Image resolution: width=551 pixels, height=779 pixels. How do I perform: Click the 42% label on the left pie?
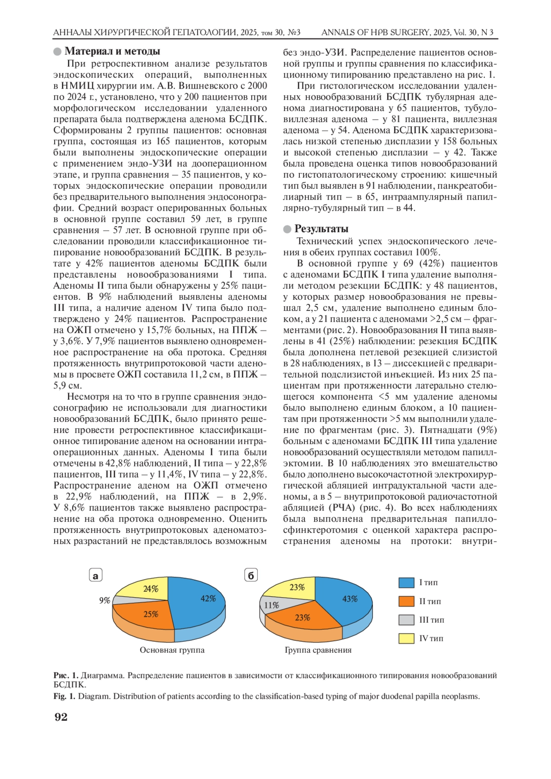[x=208, y=599]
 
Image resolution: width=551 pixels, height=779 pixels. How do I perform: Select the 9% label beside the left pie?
[x=105, y=600]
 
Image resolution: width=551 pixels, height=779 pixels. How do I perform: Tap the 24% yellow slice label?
[x=151, y=589]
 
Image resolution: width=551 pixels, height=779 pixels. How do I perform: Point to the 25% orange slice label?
[x=151, y=614]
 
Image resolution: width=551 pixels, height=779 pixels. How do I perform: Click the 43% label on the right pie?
[x=350, y=599]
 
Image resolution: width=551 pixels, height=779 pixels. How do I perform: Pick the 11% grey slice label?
[x=271, y=605]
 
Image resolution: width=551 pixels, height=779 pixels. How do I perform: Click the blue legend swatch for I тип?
[x=406, y=583]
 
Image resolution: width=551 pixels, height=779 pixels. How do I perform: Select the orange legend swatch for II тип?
[x=406, y=601]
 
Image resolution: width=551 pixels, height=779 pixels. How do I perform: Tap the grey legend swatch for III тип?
[x=406, y=620]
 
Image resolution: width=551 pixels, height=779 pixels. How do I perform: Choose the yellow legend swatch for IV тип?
[x=406, y=638]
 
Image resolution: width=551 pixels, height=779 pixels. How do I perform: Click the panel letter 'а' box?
[x=96, y=576]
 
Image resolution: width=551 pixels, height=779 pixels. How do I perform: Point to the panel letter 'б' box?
[x=251, y=576]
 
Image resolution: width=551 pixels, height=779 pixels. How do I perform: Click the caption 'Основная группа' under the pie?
[x=172, y=650]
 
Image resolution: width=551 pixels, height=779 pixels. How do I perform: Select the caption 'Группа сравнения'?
[x=318, y=650]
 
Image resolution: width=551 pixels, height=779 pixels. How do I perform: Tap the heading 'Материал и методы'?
[x=112, y=51]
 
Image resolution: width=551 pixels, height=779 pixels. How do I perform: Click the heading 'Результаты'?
[x=321, y=229]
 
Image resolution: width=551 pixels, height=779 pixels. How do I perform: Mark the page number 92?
[x=61, y=717]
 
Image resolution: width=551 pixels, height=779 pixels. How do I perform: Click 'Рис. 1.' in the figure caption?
[x=66, y=675]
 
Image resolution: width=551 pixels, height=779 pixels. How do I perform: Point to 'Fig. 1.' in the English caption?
[x=64, y=696]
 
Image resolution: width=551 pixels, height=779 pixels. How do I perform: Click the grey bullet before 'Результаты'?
[x=287, y=229]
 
